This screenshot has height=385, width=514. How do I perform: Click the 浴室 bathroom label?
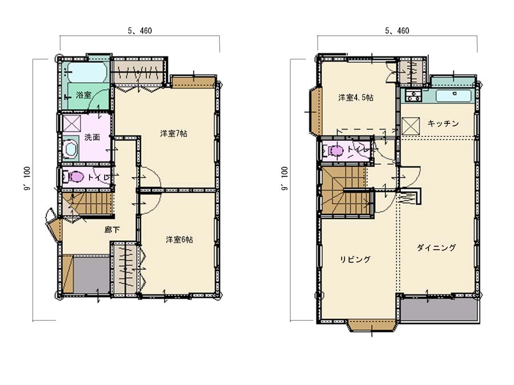point(83,95)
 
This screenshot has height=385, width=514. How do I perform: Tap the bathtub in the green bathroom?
point(86,72)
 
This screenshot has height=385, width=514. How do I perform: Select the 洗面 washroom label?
point(92,137)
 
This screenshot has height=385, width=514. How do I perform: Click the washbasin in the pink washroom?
point(70,149)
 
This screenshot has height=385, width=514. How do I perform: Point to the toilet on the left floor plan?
point(74,177)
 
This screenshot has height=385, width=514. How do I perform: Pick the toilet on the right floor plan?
point(334,151)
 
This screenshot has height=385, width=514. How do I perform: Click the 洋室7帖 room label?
point(174,133)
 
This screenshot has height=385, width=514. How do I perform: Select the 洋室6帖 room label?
point(179,240)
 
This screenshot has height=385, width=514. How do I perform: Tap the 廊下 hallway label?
point(112,230)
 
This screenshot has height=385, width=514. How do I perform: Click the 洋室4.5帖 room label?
point(356,98)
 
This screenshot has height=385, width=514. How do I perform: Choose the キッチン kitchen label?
point(443,123)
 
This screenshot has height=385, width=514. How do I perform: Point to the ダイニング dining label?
point(436,248)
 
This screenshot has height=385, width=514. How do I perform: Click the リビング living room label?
point(355,260)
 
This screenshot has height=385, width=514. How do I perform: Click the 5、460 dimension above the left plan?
point(140,31)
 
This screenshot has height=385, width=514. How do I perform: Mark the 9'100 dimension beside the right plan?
point(284,179)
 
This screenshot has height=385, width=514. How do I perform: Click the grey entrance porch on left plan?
point(91,275)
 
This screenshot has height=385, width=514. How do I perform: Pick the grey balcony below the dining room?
point(439,310)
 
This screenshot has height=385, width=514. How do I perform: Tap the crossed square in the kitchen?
point(411,126)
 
